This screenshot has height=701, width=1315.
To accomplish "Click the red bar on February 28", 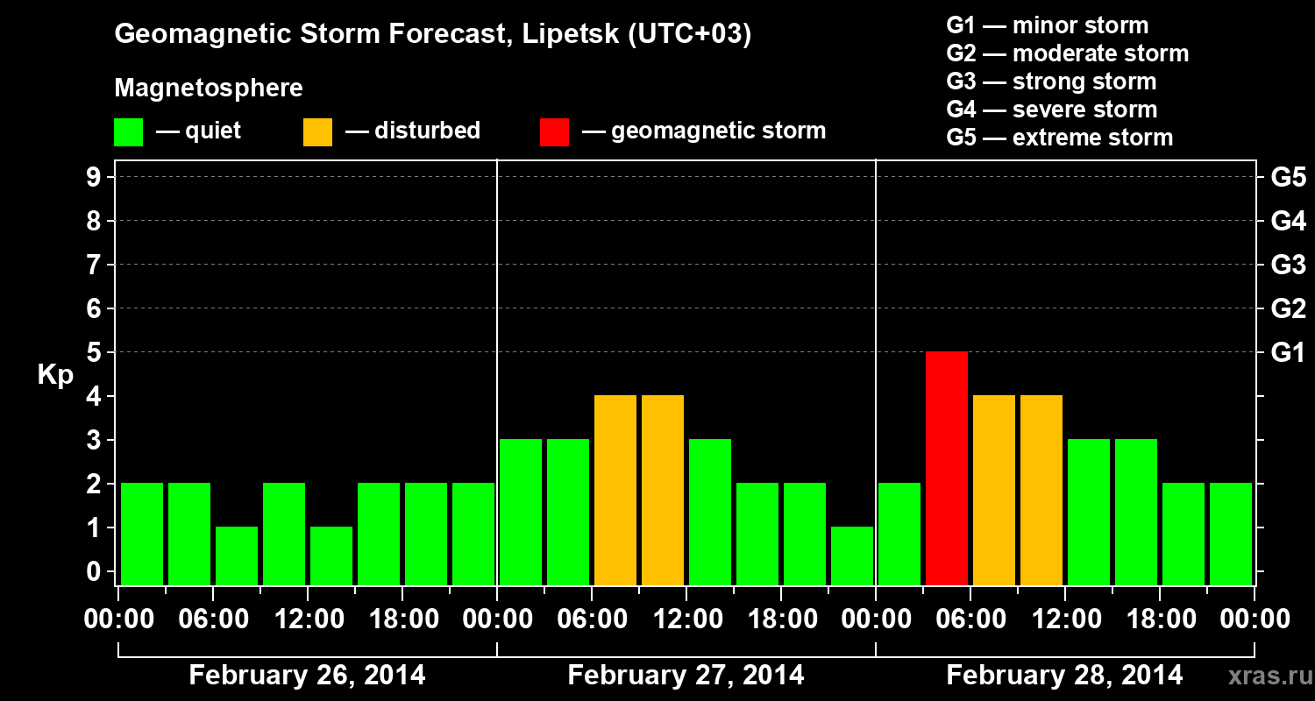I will point(947,468).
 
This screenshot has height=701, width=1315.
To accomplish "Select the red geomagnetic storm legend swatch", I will point(554,131).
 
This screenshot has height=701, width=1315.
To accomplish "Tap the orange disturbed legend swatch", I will point(317,131).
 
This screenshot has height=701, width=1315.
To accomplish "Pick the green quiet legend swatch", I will point(128,131).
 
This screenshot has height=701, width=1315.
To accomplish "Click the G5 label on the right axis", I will point(1288,177).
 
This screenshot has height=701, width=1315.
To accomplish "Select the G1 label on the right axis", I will point(1288,352).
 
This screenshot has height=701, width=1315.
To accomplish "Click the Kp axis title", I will point(55,375).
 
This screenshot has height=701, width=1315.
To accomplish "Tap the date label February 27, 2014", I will point(686,675).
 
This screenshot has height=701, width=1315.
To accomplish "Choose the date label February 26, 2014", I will point(307,675).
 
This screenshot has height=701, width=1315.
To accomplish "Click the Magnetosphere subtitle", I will point(209,89).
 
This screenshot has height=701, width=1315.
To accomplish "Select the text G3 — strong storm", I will point(1051,81).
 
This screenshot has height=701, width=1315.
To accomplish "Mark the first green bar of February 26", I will point(142,533).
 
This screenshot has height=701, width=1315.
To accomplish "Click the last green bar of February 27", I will point(852,555).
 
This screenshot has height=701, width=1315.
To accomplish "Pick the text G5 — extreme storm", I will point(1059,138).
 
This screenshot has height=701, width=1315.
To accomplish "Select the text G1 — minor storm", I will point(1047,25).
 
